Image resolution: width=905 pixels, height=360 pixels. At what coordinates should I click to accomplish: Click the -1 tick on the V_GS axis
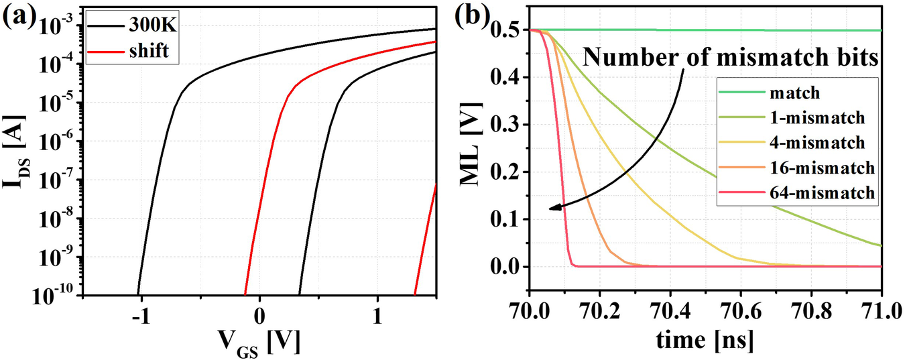140,315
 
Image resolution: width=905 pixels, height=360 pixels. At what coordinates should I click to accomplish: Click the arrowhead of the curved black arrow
551,208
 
